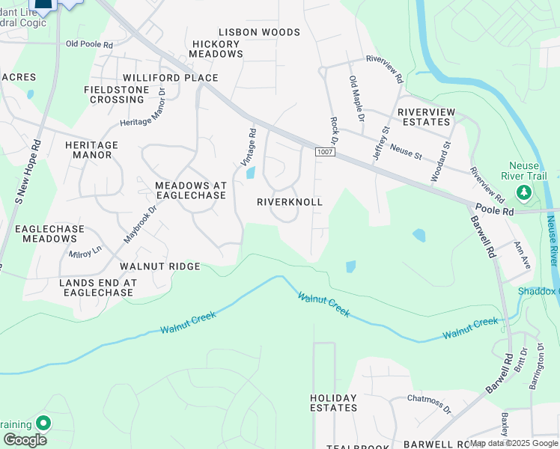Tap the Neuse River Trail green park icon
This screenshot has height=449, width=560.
[524, 194]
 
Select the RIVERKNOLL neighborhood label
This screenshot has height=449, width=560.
[289, 202]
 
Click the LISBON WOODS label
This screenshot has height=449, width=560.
[259, 32]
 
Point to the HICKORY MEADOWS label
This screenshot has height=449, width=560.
[217, 49]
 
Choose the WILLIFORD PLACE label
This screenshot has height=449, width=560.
[171, 78]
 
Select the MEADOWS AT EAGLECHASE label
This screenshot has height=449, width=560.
[190, 190]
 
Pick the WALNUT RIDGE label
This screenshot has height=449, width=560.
[159, 266]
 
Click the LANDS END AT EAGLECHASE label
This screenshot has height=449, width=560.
[96, 287]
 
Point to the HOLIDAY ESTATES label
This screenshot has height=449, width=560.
[334, 403]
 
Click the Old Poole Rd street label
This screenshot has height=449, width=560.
[89, 45]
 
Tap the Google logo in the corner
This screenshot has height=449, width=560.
[25, 440]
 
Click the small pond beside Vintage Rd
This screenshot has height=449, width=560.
[249, 173]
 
